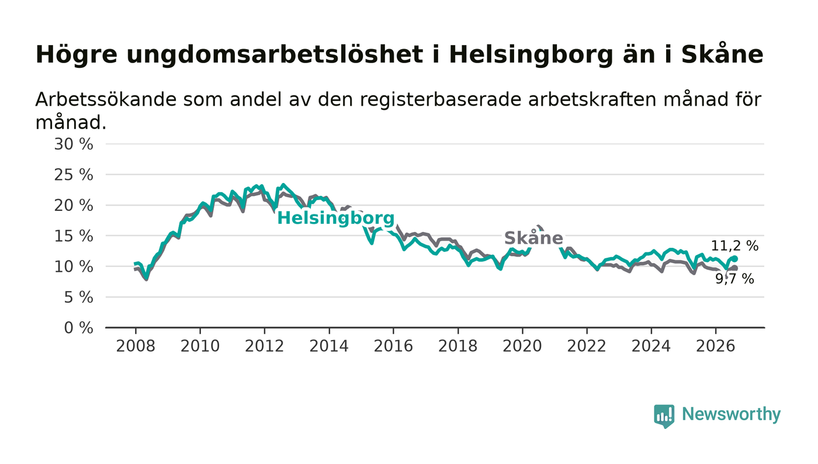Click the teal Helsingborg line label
tap(336, 219)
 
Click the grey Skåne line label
tap(533, 238)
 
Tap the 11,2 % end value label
tap(735, 246)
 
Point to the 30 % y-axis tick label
tap(74, 144)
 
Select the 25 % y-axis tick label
tap(74, 175)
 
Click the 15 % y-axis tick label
tap(74, 237)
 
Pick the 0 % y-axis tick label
tap(78, 328)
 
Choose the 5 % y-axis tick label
tap(78, 298)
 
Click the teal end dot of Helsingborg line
tap(735, 259)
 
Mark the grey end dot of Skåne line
tap(735, 269)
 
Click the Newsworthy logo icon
tap(664, 416)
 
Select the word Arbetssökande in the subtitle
tap(106, 100)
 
